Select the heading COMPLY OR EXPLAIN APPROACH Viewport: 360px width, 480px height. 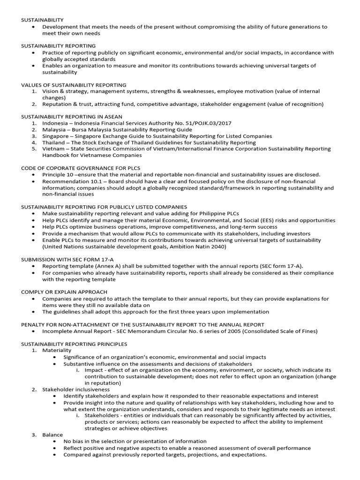[x=64, y=292]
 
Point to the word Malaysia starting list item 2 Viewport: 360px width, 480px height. [x=54, y=129]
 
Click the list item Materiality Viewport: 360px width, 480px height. [x=57, y=350]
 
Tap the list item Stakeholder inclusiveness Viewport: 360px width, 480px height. [x=76, y=389]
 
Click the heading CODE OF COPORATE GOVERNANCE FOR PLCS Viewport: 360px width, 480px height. [x=81, y=167]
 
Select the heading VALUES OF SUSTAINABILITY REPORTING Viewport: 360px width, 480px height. [x=74, y=85]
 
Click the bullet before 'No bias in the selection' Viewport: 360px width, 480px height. [x=57, y=442]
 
